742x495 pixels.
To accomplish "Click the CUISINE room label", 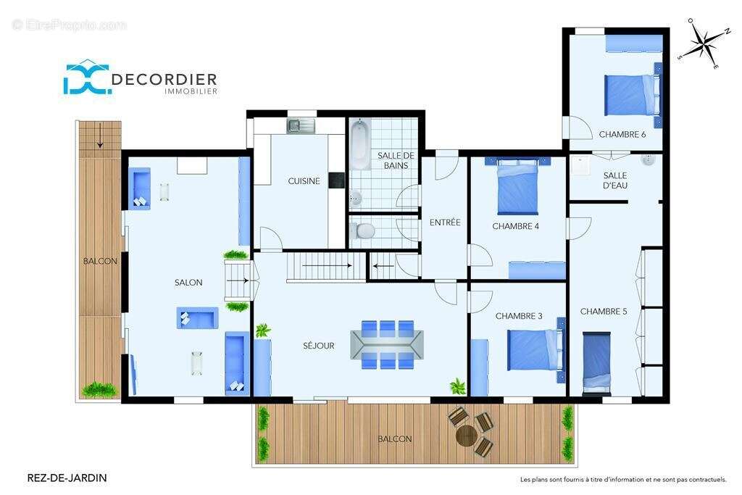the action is coord(304,180).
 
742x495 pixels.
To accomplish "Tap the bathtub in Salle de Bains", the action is coord(361,143).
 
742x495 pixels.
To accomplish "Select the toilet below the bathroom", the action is coord(362,231).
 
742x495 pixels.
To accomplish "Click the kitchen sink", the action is coord(301,125).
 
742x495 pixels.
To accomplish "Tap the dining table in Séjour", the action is coord(387,344).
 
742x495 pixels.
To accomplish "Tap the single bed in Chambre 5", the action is coord(596,363).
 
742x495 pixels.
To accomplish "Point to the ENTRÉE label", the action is coord(445,222).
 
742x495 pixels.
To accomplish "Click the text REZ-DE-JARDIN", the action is coord(67,478).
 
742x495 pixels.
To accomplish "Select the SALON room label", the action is coord(188,283).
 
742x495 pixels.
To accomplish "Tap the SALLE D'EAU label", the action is coord(615,180).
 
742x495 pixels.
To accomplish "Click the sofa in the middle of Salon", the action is coord(197,318).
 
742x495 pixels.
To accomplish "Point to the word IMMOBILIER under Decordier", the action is coord(191,91).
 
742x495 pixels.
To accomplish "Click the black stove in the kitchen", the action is coord(336,180).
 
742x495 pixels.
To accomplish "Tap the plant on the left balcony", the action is coord(99,389).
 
